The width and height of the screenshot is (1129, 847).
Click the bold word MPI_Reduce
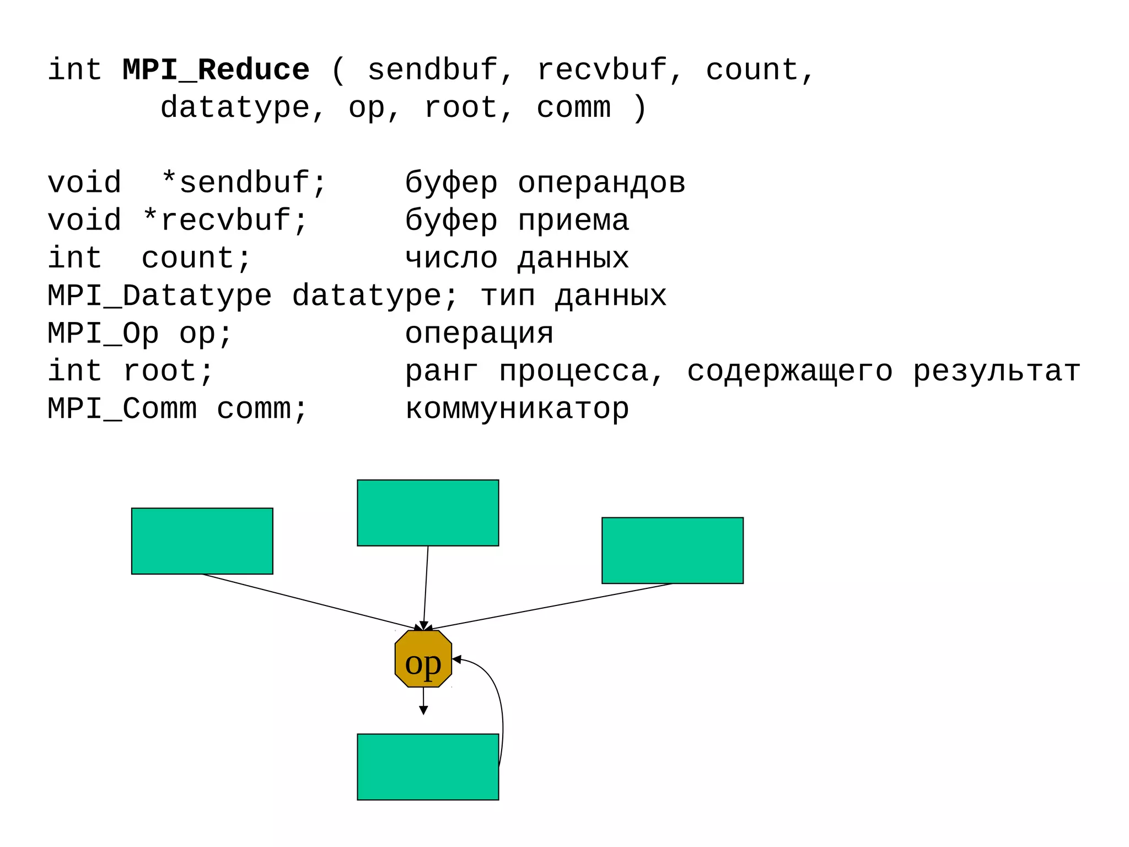coord(216,71)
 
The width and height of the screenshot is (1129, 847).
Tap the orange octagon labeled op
coord(423,660)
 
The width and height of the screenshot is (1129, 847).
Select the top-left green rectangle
coord(202,541)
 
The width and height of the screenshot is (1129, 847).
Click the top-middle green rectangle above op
coord(428,513)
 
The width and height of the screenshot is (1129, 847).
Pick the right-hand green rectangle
coord(673,550)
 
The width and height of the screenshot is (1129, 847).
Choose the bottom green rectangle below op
coord(428,767)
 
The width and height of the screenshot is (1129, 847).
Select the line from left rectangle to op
coord(309,602)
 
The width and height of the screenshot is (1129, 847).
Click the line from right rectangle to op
coord(551,606)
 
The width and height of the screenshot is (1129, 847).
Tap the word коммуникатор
coord(517,409)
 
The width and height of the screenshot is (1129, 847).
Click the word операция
coord(479,334)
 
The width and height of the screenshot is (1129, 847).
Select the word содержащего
coord(789,372)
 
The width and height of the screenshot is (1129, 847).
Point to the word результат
coord(997,372)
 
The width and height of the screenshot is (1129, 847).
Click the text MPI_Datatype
coord(160,296)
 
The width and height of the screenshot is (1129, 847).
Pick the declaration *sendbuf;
coord(244,183)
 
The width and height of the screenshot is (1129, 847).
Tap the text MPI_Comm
coord(122,409)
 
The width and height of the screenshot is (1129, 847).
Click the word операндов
coord(601,183)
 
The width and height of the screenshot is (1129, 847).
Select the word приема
coord(573,221)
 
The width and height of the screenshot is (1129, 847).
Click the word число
coord(451,258)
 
